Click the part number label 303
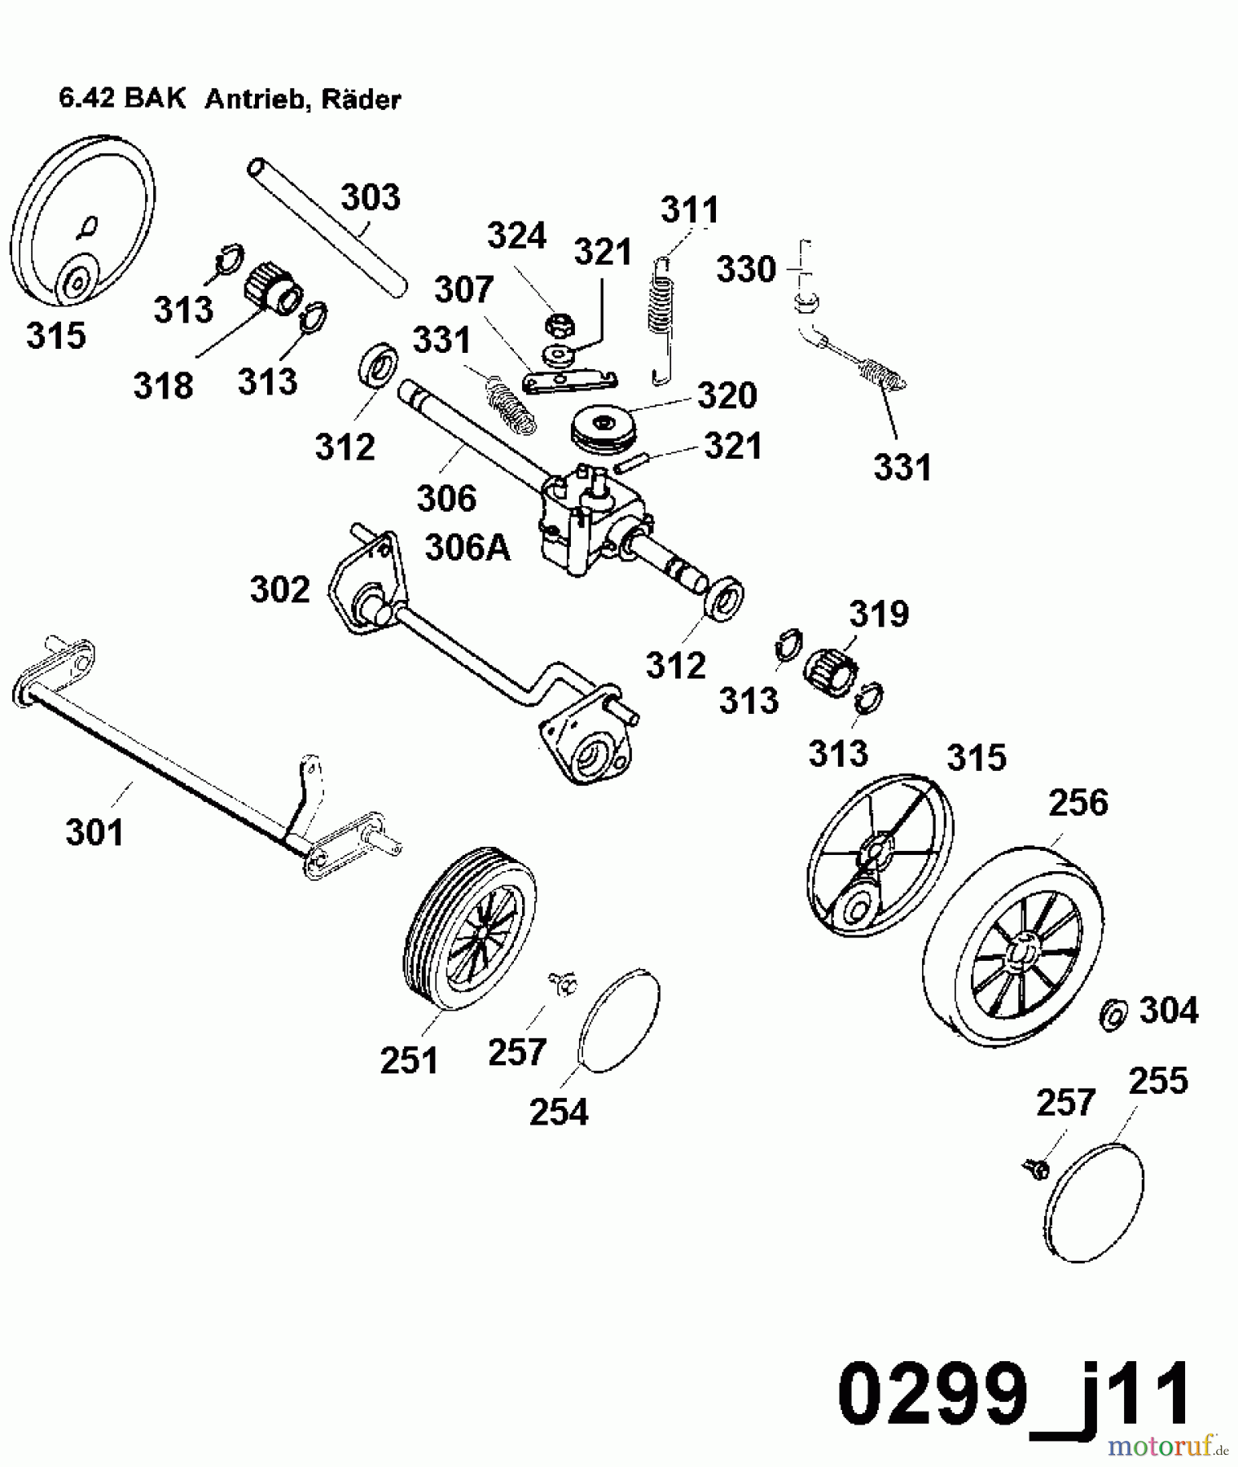(x=371, y=198)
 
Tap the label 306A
(x=468, y=548)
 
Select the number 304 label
(x=1169, y=1011)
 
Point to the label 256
(x=1078, y=803)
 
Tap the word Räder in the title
(x=362, y=99)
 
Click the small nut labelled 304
(x=1113, y=1014)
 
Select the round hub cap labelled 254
(x=619, y=1020)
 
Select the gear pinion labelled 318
(x=273, y=289)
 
